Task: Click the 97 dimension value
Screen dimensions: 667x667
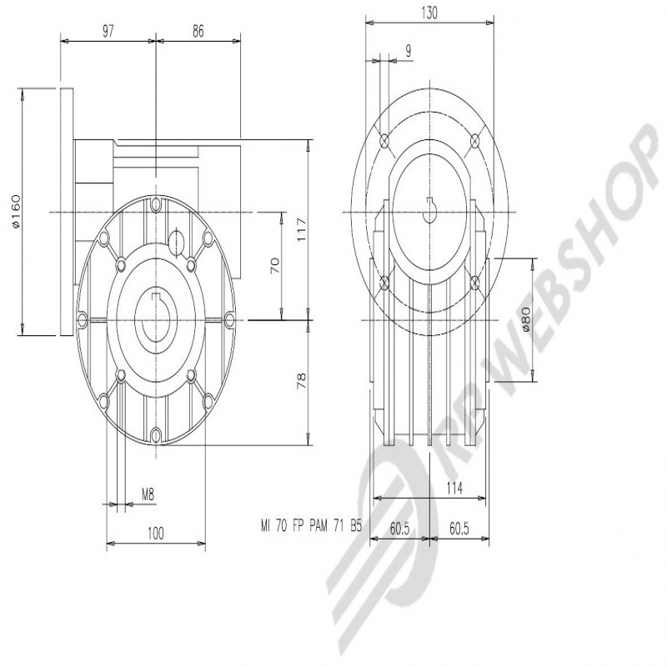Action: (108, 32)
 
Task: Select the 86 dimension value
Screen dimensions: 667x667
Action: (198, 32)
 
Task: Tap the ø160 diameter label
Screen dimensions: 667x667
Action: (15, 212)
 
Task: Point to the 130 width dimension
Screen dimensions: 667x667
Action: (429, 13)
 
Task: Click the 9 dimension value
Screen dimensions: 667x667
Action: (409, 51)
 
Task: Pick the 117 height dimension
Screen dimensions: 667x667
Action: (301, 230)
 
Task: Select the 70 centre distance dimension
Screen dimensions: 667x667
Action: (275, 265)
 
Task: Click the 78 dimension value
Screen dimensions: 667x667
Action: (301, 381)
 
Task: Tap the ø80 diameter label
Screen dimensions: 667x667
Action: (525, 319)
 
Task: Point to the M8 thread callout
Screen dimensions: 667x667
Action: (148, 494)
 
